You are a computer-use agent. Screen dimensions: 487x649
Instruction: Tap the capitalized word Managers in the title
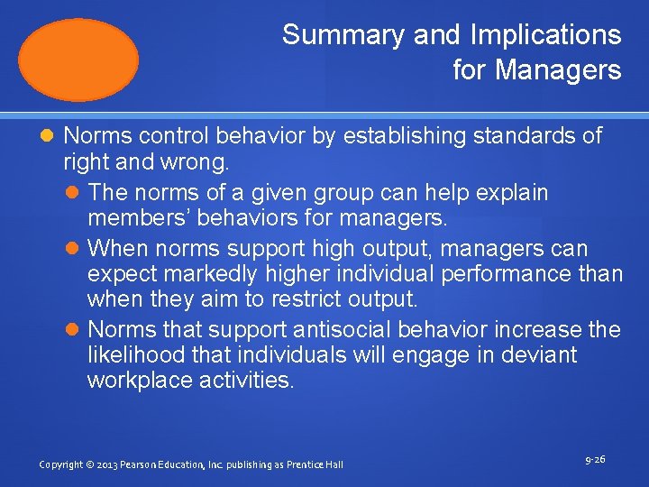point(558,69)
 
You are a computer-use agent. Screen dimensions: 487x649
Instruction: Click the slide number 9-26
point(595,460)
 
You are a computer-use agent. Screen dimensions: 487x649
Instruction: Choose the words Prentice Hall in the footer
point(315,464)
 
